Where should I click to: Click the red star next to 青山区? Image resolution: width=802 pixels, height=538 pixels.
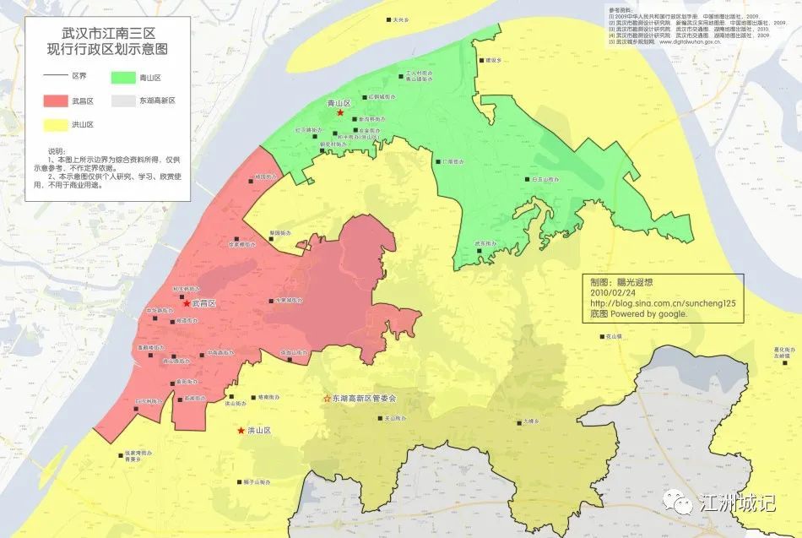(x=340, y=112)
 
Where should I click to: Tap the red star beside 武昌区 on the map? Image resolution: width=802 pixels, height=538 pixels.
(x=187, y=302)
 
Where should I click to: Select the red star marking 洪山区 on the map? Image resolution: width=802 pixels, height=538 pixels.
(x=241, y=431)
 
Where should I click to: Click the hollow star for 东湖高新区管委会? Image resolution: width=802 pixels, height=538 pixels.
(x=327, y=397)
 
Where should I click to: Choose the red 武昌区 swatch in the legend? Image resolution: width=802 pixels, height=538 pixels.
(x=57, y=101)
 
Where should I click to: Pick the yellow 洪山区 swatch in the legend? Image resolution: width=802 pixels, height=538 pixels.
(x=57, y=125)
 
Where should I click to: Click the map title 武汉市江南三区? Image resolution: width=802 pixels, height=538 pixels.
(x=107, y=33)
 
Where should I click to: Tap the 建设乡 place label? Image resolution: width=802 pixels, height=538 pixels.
(x=493, y=61)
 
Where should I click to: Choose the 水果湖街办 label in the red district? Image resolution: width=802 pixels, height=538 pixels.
(x=284, y=300)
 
